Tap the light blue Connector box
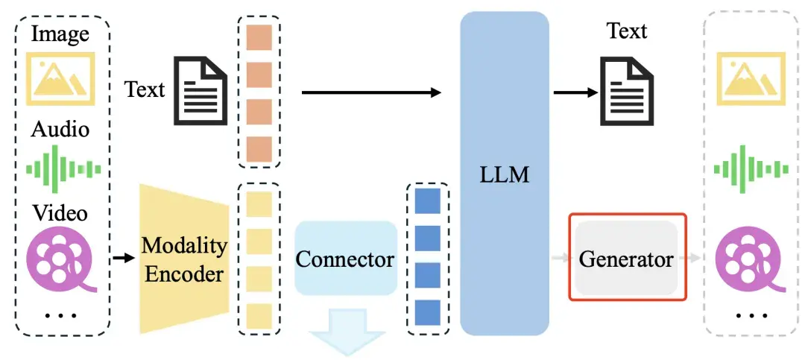(345, 259)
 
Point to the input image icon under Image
(60, 78)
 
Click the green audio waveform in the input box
(63, 168)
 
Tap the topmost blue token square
(428, 201)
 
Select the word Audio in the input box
(60, 129)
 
